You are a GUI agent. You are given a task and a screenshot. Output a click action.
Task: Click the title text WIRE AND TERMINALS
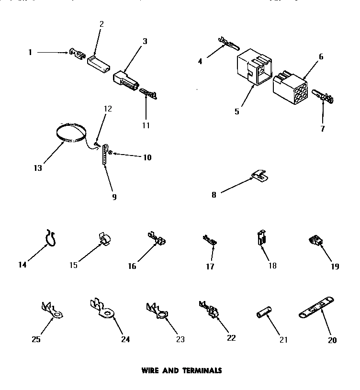point(181,370)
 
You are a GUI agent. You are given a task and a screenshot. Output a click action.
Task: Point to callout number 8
point(214,195)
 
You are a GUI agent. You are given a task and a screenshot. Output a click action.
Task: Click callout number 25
point(36,340)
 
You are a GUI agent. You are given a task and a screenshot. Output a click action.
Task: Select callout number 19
point(335,267)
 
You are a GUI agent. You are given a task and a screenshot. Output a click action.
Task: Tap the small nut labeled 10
point(111,153)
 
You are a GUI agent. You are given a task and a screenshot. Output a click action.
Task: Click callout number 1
point(30,52)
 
